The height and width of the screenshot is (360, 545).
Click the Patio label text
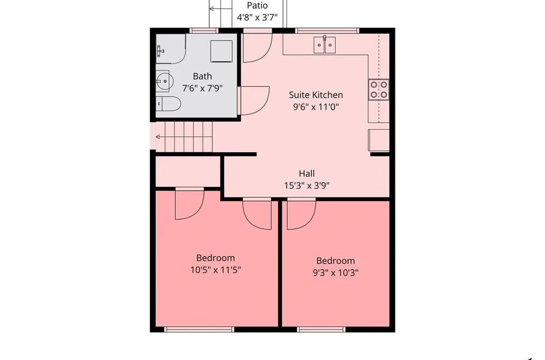(257, 5)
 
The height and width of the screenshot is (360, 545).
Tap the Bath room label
(202, 76)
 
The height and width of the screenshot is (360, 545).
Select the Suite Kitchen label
(316, 95)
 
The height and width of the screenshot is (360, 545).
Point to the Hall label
(307, 173)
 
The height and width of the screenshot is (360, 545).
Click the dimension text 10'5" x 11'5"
(216, 270)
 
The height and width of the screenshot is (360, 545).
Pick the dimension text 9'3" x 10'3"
(335, 273)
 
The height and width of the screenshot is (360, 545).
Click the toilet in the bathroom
(168, 103)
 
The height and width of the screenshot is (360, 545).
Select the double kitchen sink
(324, 45)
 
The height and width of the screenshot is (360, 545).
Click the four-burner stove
(379, 89)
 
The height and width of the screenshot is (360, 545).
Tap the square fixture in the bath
(222, 51)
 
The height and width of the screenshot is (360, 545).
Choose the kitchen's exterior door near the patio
(257, 47)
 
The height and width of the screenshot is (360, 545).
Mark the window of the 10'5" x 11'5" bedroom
(199, 329)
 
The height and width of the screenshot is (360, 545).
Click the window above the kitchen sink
(327, 31)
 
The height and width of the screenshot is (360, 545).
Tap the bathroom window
(204, 31)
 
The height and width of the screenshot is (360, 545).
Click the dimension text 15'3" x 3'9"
(307, 186)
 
